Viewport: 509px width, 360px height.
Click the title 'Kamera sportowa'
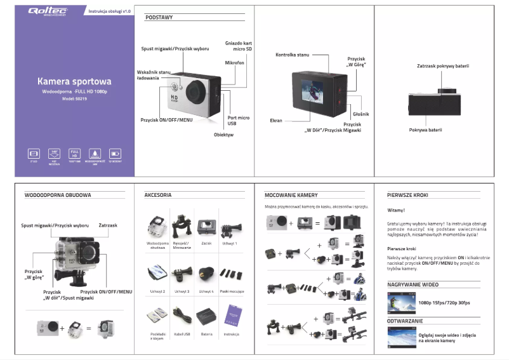click(x=74, y=81)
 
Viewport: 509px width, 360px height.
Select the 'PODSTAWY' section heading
click(x=159, y=18)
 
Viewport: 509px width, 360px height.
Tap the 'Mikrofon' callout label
click(x=234, y=63)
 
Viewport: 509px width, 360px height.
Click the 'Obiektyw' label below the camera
click(x=223, y=135)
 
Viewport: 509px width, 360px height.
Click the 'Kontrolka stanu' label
click(x=292, y=55)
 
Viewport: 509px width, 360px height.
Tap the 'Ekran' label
click(x=276, y=119)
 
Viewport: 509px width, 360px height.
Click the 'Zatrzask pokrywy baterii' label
click(x=443, y=65)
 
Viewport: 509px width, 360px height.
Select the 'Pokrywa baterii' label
click(x=425, y=130)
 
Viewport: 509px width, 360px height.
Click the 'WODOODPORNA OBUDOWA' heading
click(x=58, y=195)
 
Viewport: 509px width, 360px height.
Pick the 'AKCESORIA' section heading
click(x=158, y=195)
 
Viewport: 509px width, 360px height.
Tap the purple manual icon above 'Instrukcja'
click(x=231, y=314)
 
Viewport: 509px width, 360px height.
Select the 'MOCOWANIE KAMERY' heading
click(x=291, y=195)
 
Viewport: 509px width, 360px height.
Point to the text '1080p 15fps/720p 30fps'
click(x=444, y=303)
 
